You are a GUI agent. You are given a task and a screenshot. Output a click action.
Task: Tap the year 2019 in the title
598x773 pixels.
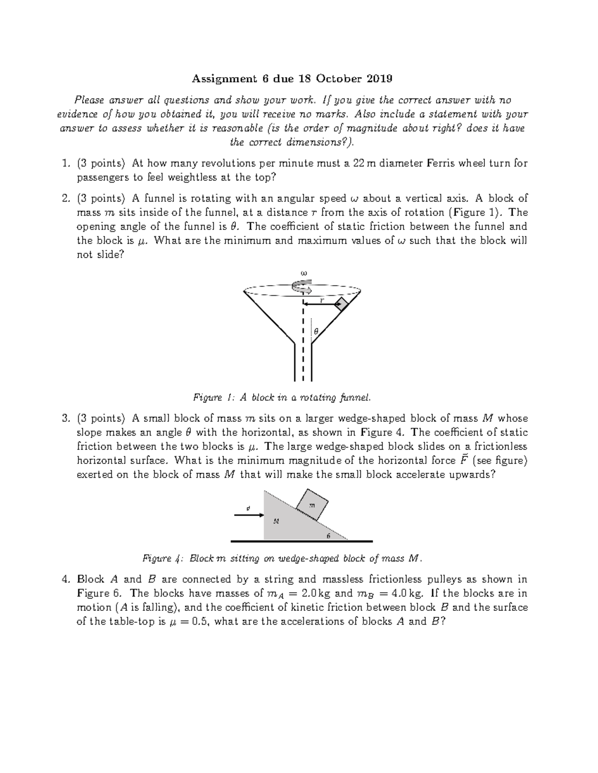pyautogui.click(x=379, y=79)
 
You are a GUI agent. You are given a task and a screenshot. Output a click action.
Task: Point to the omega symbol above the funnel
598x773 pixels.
pyautogui.click(x=302, y=273)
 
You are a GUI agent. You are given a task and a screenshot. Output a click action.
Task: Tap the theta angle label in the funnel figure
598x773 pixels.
pyautogui.click(x=316, y=331)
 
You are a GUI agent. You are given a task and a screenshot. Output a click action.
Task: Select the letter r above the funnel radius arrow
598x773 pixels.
pyautogui.click(x=321, y=301)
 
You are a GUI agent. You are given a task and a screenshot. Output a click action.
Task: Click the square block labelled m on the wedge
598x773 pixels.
pyautogui.click(x=312, y=504)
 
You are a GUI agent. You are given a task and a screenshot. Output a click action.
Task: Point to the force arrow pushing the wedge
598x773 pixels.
pyautogui.click(x=249, y=515)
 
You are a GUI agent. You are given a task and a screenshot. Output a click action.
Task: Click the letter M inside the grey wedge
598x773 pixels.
pyautogui.click(x=276, y=521)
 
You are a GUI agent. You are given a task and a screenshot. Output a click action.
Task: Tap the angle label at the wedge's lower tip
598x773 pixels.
pyautogui.click(x=328, y=536)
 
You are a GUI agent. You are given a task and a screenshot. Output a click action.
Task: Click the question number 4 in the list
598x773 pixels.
pyautogui.click(x=65, y=579)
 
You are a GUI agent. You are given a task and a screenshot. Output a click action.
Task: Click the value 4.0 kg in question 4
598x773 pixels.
pyautogui.click(x=402, y=593)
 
